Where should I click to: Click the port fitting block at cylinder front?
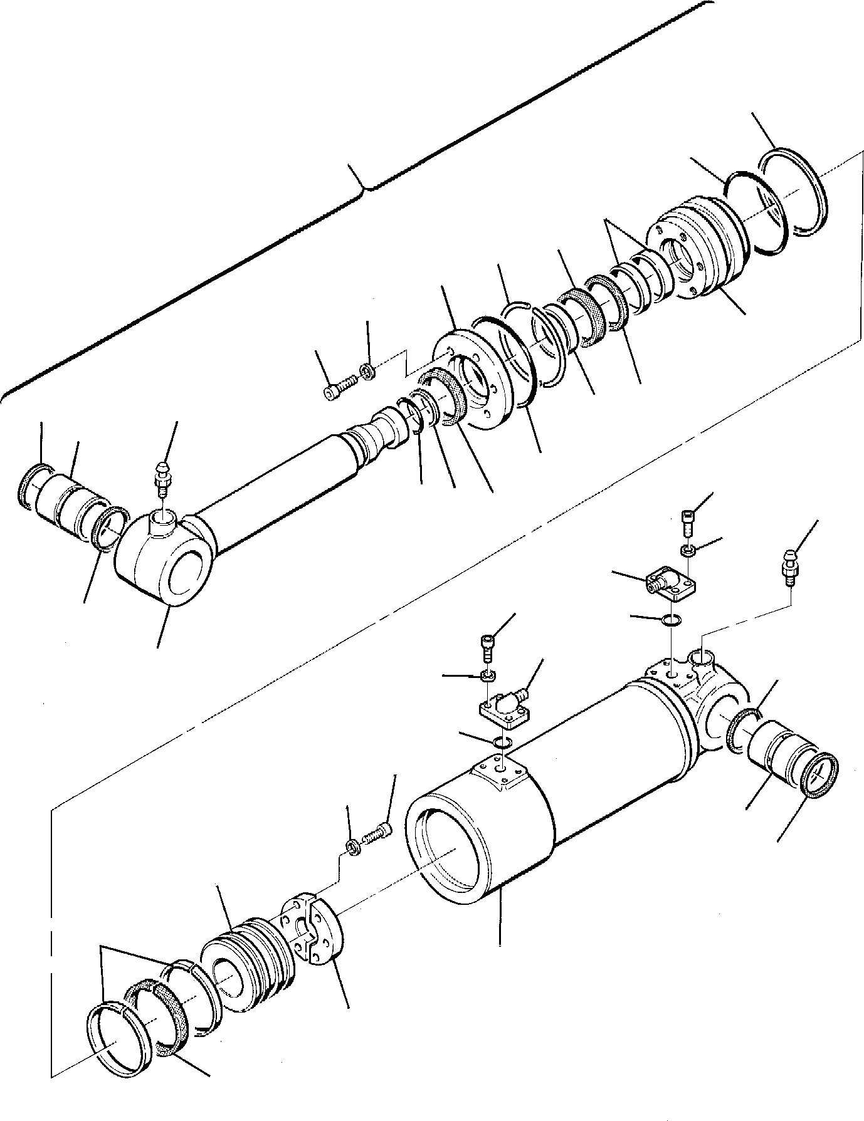(x=505, y=706)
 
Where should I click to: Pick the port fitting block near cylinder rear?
(x=668, y=580)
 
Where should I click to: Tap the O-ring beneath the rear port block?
(x=670, y=621)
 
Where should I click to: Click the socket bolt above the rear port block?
(x=687, y=523)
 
